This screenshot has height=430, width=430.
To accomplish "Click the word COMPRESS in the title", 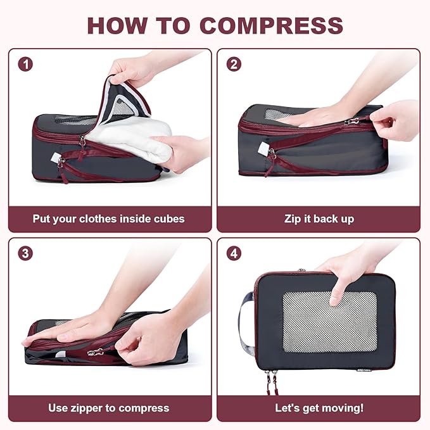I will click(x=271, y=25).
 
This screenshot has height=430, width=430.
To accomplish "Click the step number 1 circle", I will click(x=25, y=64).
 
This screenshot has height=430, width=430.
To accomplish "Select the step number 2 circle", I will click(x=234, y=64).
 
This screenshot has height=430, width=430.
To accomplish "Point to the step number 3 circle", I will click(x=25, y=253).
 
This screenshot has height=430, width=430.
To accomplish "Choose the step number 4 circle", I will click(x=234, y=253).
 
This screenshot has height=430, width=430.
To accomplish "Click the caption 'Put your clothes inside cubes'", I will click(x=109, y=219).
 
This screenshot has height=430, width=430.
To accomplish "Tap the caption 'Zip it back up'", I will click(x=319, y=219).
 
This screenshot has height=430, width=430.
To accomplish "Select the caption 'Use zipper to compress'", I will click(x=109, y=408).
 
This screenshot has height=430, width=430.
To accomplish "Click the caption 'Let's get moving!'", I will click(x=319, y=408).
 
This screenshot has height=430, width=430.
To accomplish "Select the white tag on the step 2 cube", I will click(x=263, y=149).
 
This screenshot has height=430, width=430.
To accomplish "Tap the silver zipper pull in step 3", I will click(x=96, y=351).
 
